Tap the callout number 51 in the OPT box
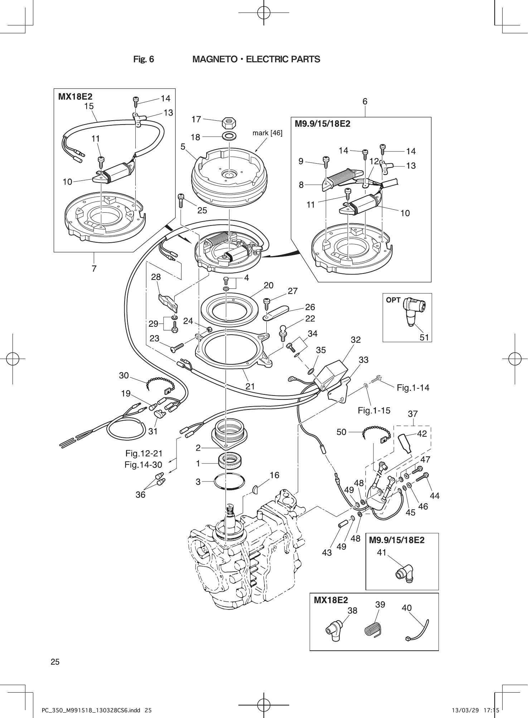(424, 337)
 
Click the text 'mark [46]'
(267, 133)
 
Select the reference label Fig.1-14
(413, 387)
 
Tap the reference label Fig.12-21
(144, 453)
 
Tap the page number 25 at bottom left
(55, 662)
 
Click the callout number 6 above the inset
(364, 101)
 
